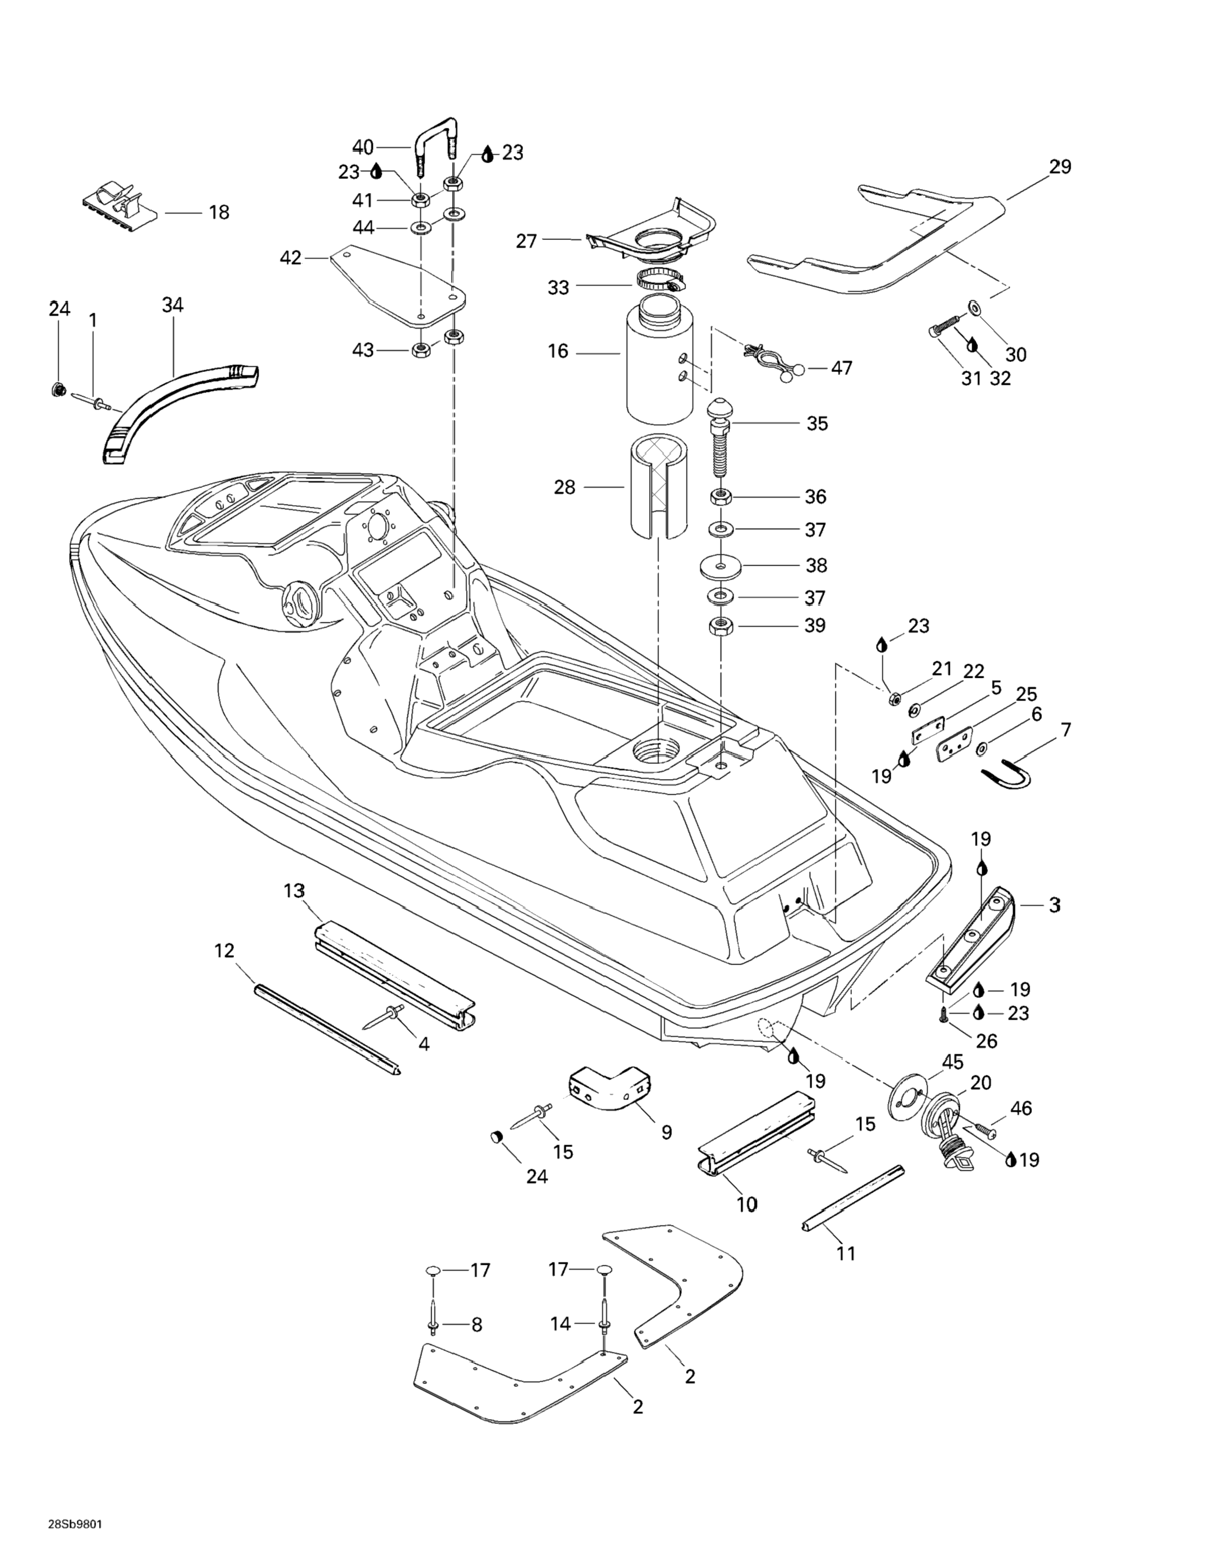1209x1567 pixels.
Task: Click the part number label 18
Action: [219, 212]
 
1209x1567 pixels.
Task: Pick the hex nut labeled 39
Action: [720, 625]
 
